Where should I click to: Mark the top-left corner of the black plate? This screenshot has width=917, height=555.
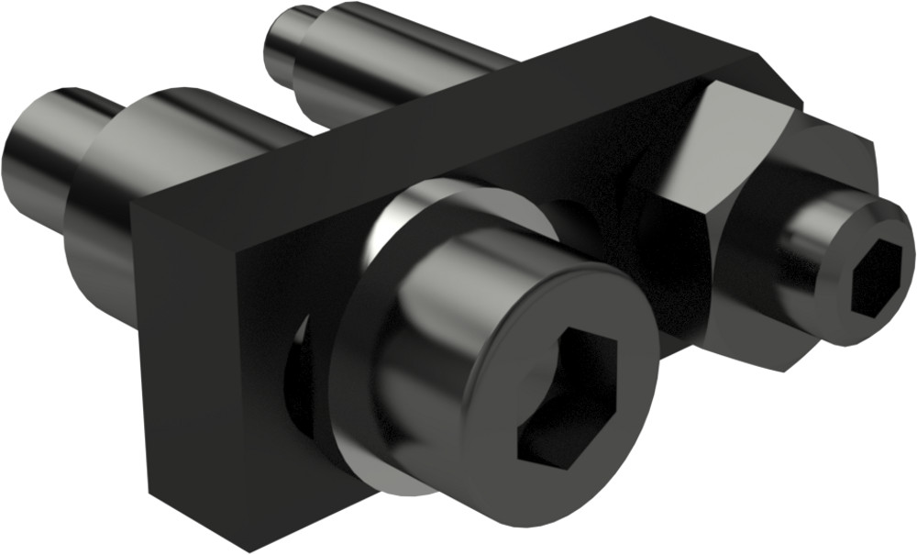click(x=133, y=203)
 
